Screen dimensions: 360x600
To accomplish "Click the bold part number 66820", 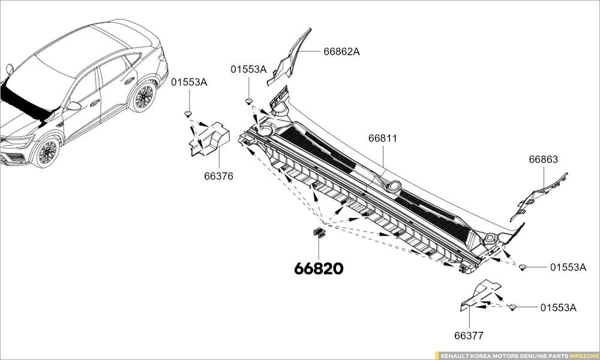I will tap(319, 269).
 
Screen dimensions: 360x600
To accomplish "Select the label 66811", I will tap(383, 139).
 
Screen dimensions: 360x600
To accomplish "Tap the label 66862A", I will tap(341, 52).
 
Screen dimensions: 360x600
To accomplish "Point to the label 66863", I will tap(543, 160).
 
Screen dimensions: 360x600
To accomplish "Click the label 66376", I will tap(218, 176).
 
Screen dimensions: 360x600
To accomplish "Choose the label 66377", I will tap(469, 336).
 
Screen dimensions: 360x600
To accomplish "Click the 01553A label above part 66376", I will tap(189, 82).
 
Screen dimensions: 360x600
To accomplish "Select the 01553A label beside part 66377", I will tap(558, 308).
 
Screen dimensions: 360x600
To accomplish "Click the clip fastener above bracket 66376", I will tap(188, 113).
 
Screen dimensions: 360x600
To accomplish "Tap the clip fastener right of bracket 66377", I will tap(513, 308).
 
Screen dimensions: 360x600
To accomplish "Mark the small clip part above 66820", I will tap(318, 232).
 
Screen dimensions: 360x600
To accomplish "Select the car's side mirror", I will tap(74, 106).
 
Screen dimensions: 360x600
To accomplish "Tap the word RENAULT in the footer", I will tap(455, 355).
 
